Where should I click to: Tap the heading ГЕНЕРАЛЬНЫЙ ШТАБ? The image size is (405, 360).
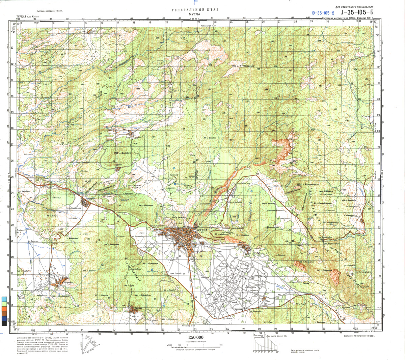(195, 10)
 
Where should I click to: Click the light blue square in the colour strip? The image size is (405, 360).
(4, 299)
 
